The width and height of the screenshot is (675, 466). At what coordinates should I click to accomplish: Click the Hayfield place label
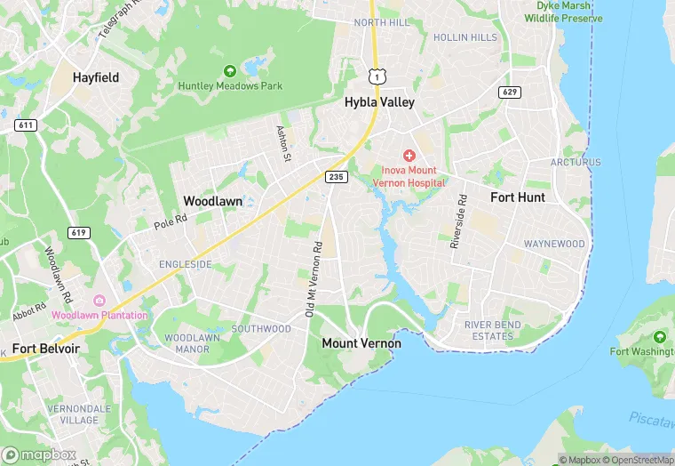coord(96,77)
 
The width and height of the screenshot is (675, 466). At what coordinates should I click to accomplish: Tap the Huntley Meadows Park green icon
coord(230,70)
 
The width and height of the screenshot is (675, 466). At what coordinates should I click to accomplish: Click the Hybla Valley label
coord(379,102)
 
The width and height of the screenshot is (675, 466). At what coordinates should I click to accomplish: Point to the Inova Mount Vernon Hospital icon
coord(409,155)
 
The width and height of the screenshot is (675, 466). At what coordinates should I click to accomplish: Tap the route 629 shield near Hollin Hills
coord(510,92)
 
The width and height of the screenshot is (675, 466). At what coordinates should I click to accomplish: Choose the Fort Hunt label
coord(518,197)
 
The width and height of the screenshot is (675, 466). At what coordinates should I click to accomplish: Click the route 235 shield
coord(335,177)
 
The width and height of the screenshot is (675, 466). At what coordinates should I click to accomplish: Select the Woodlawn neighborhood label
coord(212,201)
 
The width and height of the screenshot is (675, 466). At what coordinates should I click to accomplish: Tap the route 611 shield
coord(26,125)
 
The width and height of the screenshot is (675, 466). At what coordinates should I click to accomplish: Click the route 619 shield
coord(79,232)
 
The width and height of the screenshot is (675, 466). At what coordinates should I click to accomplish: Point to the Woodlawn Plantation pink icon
coord(99,301)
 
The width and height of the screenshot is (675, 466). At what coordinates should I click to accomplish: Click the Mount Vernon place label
coord(361,342)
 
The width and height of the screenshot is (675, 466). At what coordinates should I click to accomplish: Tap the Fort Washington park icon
coord(659,337)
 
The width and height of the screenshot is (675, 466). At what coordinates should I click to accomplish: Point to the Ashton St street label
coord(284,142)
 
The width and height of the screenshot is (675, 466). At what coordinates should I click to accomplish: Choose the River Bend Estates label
coord(493,330)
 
